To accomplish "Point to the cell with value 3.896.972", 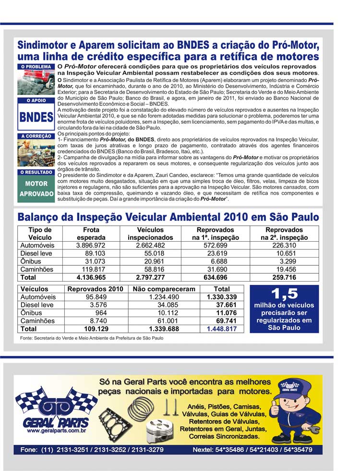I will pyautogui.click(x=91, y=246).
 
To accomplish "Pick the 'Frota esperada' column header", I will pyautogui.click(x=91, y=234).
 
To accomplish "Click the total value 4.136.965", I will pyautogui.click(x=91, y=277).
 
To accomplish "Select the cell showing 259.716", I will pyautogui.click(x=284, y=277).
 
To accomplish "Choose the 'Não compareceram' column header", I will pyautogui.click(x=164, y=289).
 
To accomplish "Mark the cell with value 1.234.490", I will pyautogui.click(x=164, y=297).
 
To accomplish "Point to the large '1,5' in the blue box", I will pyautogui.click(x=284, y=294).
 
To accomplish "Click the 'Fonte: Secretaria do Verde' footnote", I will pyautogui.click(x=92, y=338).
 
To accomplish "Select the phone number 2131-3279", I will pyautogui.click(x=147, y=450).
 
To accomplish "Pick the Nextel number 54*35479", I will pyautogui.click(x=296, y=450).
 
